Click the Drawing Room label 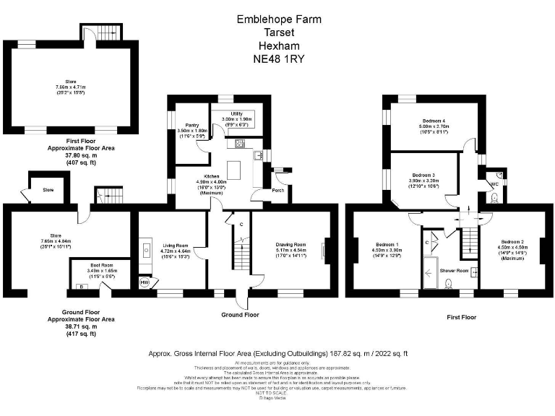(x=291, y=245)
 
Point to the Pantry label (x=192, y=125)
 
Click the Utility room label (x=236, y=113)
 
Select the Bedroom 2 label (x=512, y=241)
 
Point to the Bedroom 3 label (x=423, y=175)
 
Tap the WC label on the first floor (x=494, y=185)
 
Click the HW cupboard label (x=145, y=283)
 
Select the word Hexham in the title (x=278, y=45)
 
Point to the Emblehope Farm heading (x=279, y=19)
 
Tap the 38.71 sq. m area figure (x=70, y=325)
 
